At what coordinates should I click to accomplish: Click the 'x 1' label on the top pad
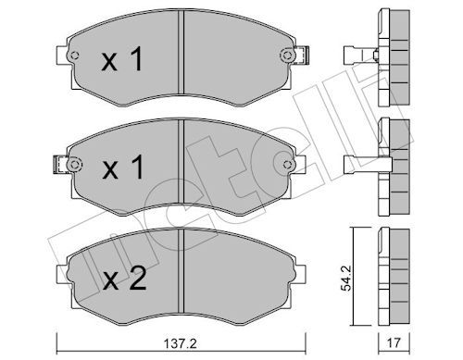coord(122,62)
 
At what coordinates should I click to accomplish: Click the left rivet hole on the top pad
coord(76,58)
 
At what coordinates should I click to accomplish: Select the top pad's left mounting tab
coord(60,58)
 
